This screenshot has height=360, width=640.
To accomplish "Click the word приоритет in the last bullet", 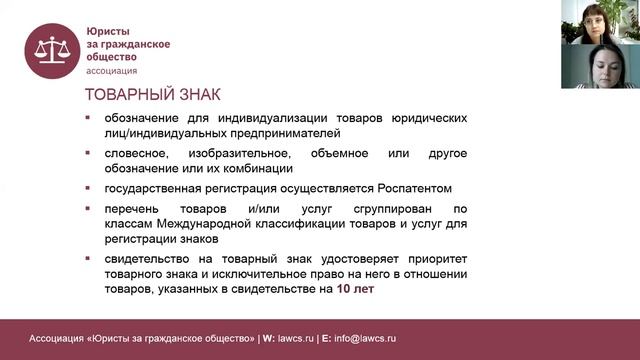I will pos(438,258).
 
